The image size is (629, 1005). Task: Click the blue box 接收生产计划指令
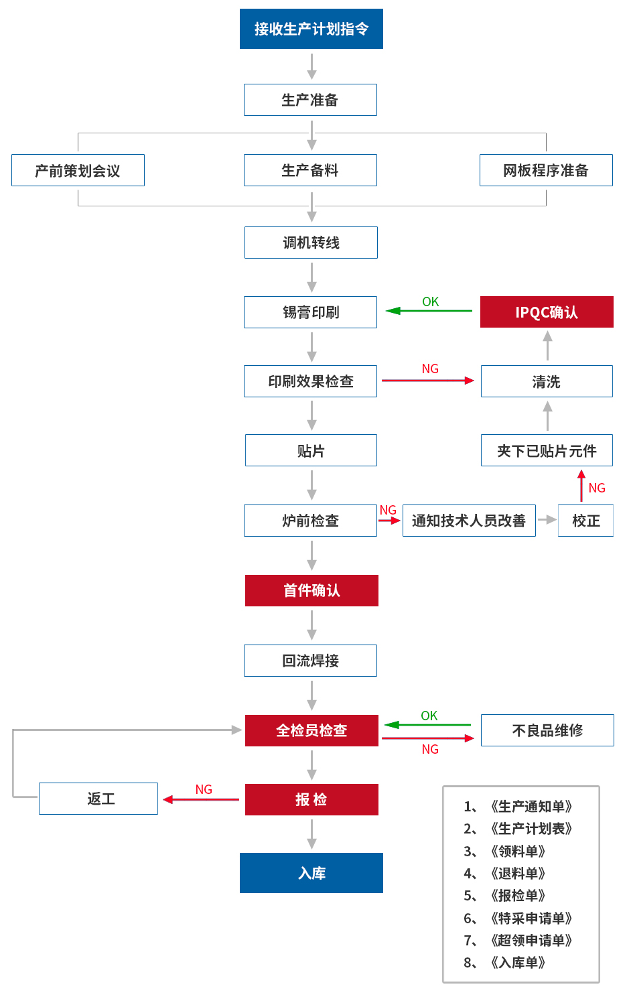click(x=311, y=29)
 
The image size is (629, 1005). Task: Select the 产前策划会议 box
click(x=78, y=170)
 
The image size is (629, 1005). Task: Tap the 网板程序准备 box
click(x=545, y=170)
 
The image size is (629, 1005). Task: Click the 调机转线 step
click(x=311, y=243)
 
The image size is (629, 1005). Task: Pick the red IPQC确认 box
click(x=547, y=312)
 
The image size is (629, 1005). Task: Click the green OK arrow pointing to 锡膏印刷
click(x=429, y=311)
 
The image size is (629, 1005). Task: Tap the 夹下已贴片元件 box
click(x=547, y=451)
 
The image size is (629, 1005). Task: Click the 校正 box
click(x=585, y=521)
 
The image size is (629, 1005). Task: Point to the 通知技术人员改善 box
click(x=469, y=521)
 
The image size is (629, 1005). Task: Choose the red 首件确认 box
click(x=311, y=590)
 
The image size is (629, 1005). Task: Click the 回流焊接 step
click(x=310, y=661)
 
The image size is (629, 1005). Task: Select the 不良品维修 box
click(x=547, y=730)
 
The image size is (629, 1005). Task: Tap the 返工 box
click(x=98, y=799)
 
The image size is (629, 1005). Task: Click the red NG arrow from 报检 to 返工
click(x=201, y=799)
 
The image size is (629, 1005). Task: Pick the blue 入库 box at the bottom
click(x=311, y=873)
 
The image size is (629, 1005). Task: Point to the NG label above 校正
click(x=597, y=488)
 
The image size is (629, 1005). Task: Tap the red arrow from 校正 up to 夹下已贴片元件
click(x=581, y=486)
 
